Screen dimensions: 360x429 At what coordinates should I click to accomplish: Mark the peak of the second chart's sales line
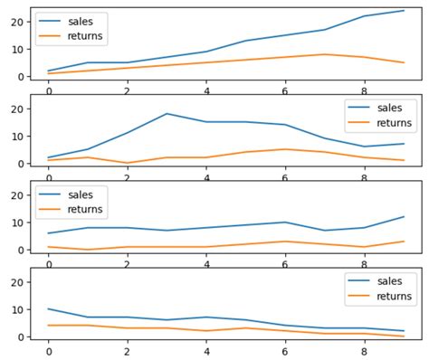[x=167, y=114]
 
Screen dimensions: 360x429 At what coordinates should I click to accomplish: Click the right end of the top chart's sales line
[x=404, y=11]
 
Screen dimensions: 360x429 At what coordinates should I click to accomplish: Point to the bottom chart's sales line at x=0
[x=49, y=309]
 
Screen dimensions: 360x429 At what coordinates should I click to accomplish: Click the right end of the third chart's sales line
[x=404, y=217]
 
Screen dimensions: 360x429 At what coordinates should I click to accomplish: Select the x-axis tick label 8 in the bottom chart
[x=364, y=351]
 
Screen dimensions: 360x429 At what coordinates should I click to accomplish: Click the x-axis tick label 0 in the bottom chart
[x=49, y=351]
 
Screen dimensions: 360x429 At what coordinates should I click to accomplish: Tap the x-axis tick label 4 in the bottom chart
[x=206, y=351]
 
